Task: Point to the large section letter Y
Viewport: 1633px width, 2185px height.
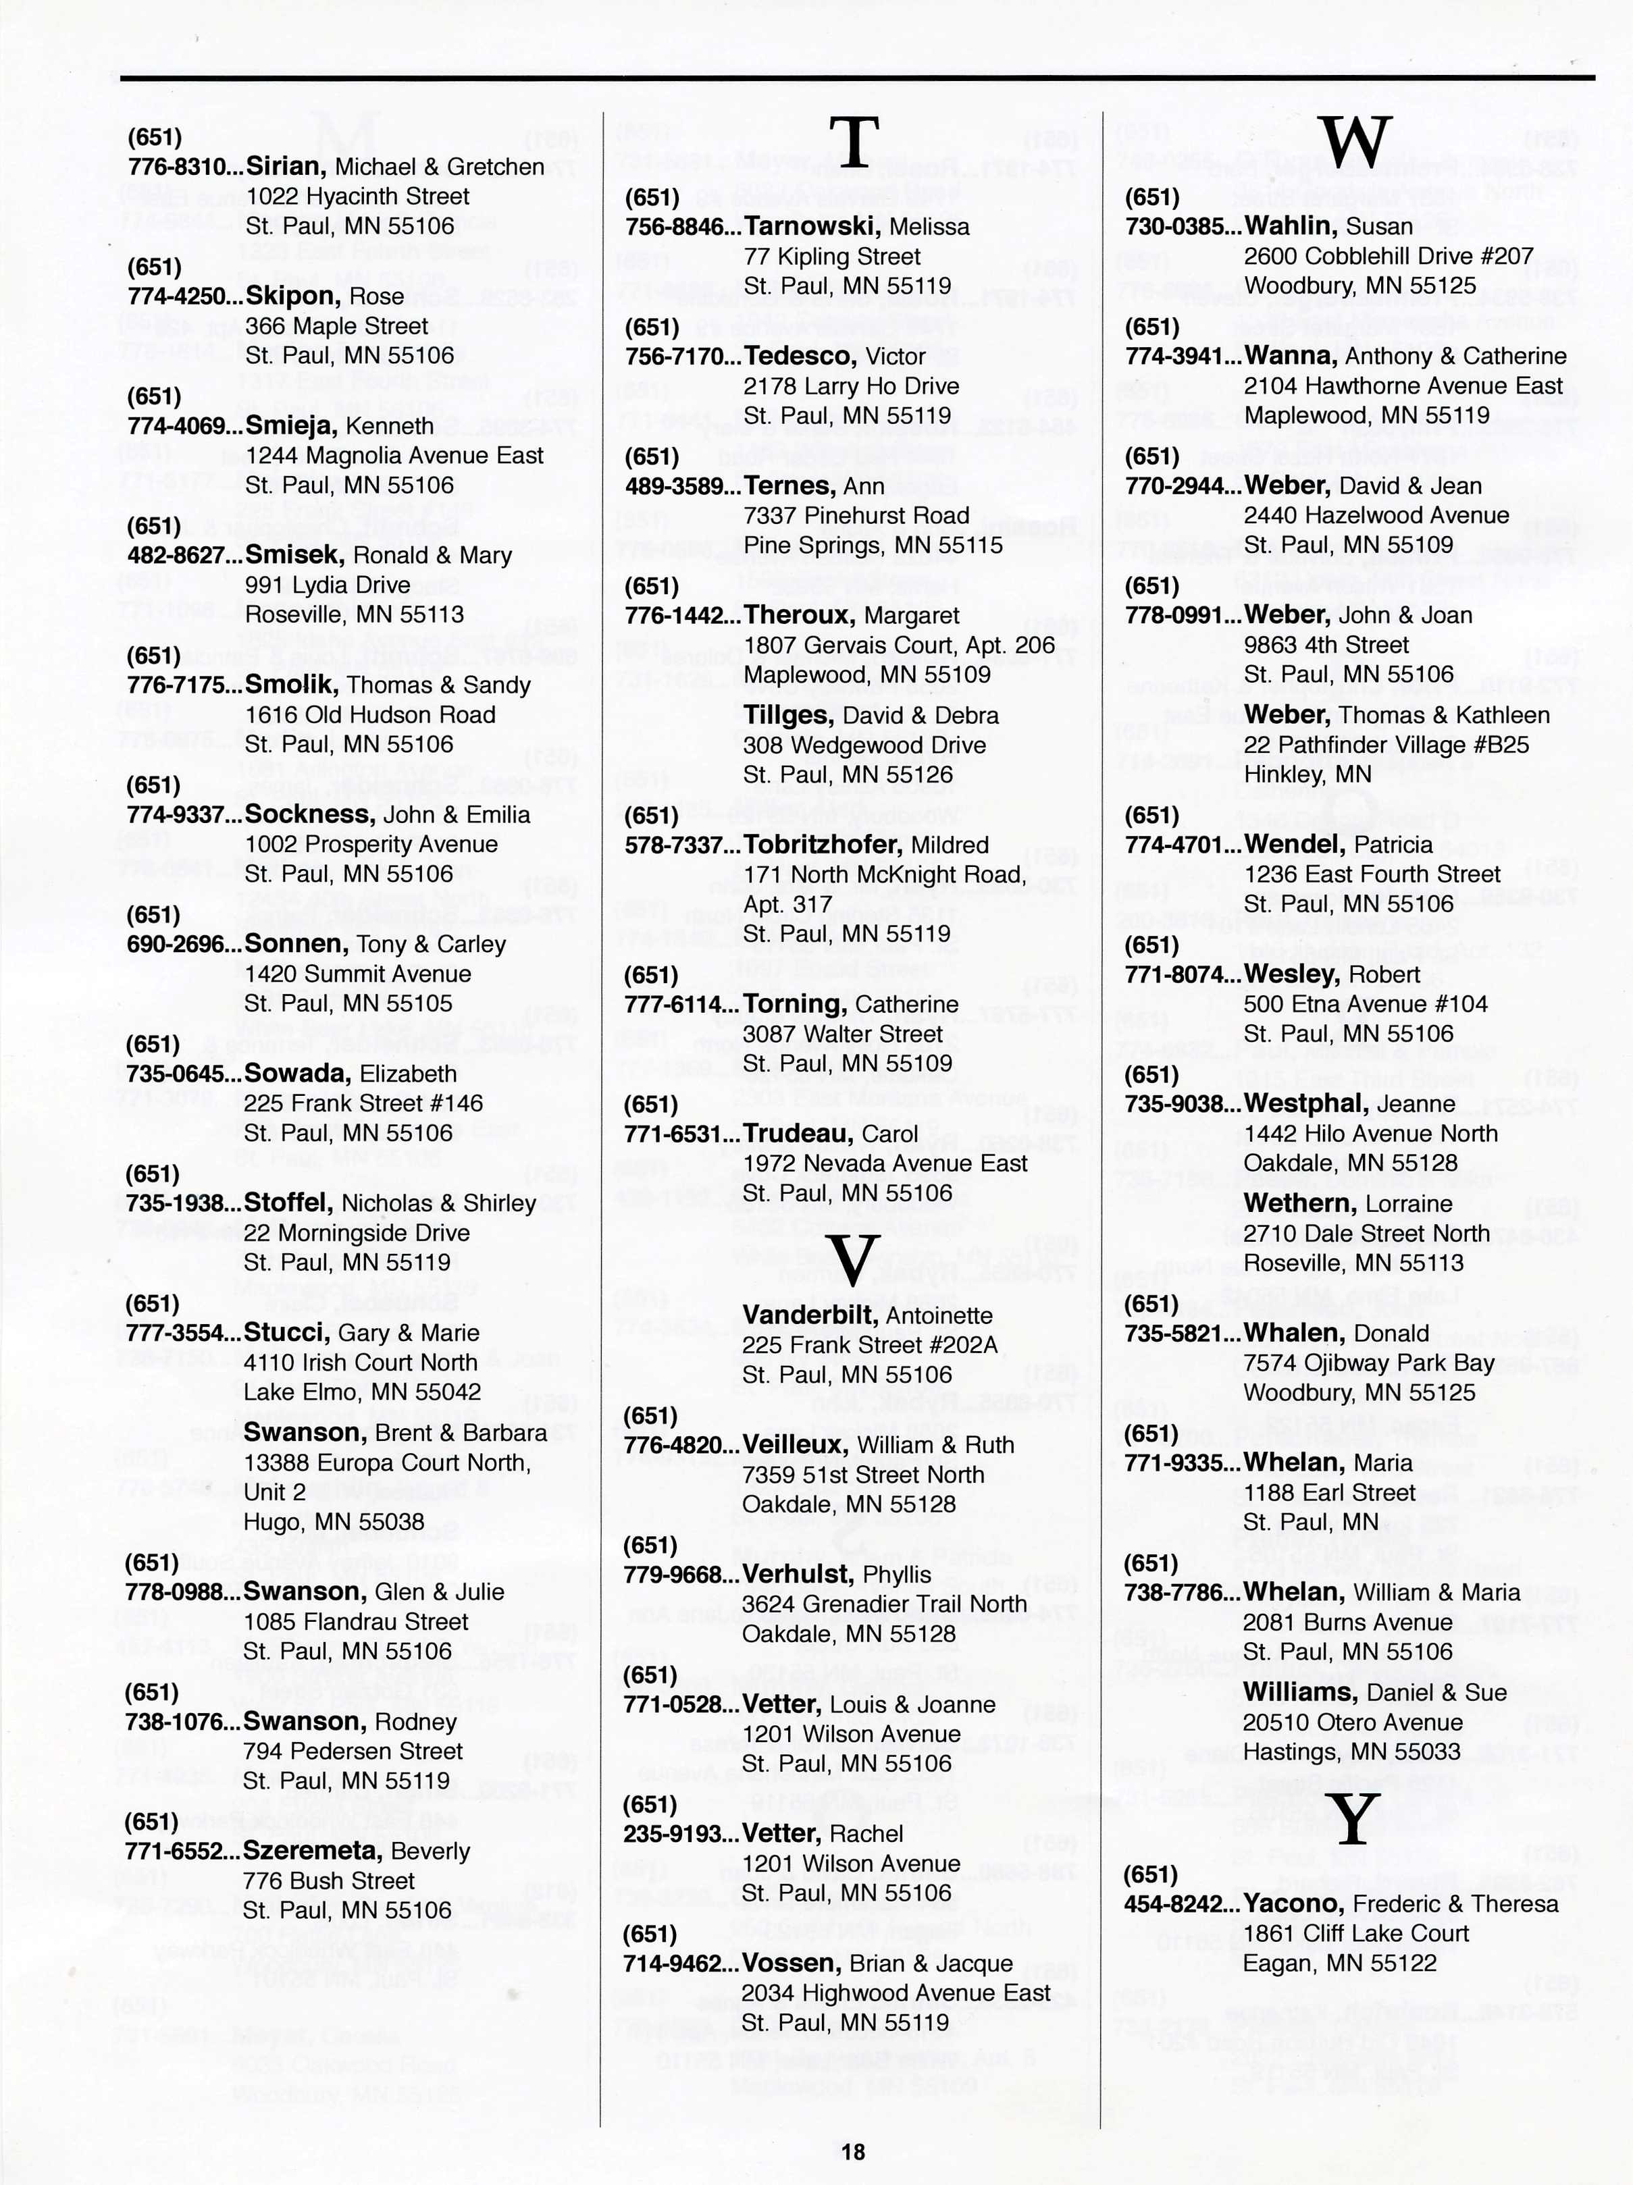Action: [1355, 1820]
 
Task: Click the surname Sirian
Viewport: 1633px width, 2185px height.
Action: [286, 166]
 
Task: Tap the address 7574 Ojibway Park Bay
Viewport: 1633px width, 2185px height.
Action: [1368, 1363]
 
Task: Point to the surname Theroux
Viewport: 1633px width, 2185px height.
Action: [799, 615]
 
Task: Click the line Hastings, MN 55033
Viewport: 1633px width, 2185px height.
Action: [1351, 1752]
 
